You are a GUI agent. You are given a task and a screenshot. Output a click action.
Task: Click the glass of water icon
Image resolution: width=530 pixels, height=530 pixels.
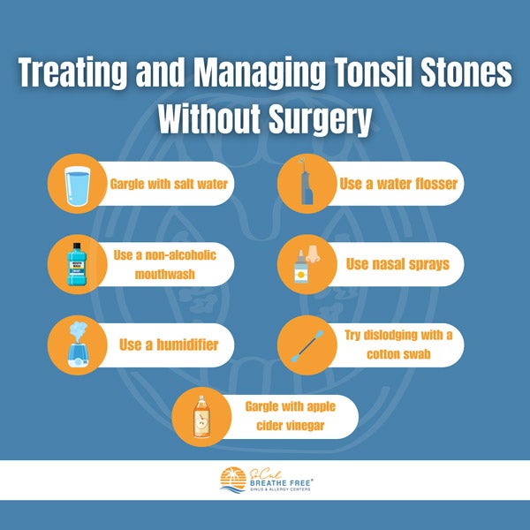pyautogui.click(x=78, y=185)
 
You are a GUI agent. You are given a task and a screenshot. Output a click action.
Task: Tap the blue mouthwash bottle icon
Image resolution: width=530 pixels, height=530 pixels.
pyautogui.click(x=77, y=264)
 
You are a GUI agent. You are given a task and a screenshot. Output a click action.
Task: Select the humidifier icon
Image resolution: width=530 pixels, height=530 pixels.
pyautogui.click(x=78, y=344)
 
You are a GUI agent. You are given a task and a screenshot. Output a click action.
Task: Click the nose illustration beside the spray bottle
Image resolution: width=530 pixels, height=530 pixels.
pyautogui.click(x=313, y=255)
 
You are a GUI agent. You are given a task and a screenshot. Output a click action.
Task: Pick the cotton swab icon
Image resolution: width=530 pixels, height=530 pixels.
pyautogui.click(x=307, y=346)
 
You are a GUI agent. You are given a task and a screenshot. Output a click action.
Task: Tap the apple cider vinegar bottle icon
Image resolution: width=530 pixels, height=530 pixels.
pyautogui.click(x=201, y=417)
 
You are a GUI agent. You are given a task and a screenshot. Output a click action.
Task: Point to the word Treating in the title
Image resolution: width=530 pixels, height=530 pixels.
pyautogui.click(x=72, y=73)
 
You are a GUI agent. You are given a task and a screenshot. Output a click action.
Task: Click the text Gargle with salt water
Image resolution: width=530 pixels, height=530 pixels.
pyautogui.click(x=169, y=185)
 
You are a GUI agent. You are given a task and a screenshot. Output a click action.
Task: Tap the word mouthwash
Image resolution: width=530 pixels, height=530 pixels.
pyautogui.click(x=165, y=274)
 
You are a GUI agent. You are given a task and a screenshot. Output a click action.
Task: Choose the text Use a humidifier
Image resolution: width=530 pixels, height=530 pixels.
pyautogui.click(x=169, y=344)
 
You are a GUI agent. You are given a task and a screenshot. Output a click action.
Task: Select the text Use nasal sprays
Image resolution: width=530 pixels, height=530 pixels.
pyautogui.click(x=397, y=264)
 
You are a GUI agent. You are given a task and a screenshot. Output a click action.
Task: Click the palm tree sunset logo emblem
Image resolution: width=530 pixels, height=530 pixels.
pyautogui.click(x=233, y=480)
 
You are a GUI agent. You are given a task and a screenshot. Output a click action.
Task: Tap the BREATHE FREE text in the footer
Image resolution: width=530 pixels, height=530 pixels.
pyautogui.click(x=280, y=483)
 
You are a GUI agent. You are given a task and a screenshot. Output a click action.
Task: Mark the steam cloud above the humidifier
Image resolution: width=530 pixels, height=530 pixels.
pyautogui.click(x=78, y=329)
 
